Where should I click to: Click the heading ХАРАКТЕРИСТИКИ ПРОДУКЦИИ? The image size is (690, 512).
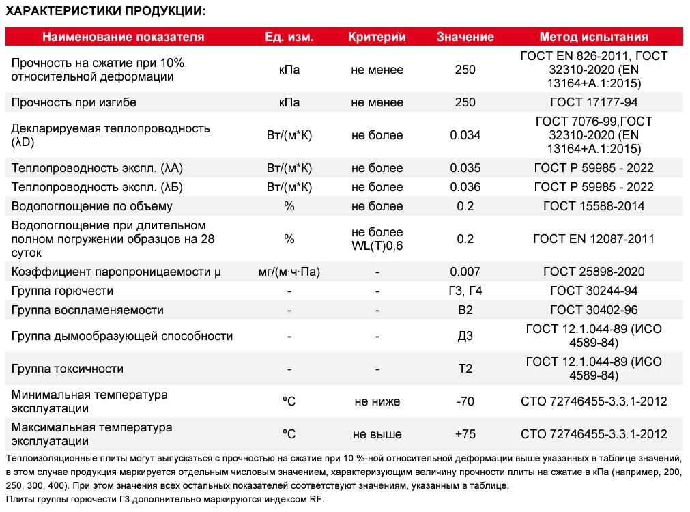point(105,12)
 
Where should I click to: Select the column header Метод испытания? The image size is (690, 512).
point(593,37)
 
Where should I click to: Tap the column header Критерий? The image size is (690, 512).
point(377,37)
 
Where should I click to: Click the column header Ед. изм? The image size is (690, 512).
point(289,37)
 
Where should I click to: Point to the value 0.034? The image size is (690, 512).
point(465,135)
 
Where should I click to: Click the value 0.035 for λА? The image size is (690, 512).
point(465,168)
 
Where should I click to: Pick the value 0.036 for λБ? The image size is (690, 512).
point(465,187)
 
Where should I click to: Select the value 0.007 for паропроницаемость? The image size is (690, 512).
point(465,272)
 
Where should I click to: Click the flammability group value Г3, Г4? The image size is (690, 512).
point(465,291)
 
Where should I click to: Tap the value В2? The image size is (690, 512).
point(465,310)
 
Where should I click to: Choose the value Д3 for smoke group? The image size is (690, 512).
point(465,336)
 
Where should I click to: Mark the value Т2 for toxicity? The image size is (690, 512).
point(465,369)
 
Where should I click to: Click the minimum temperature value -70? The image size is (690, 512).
point(465,401)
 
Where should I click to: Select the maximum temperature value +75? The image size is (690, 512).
point(465,434)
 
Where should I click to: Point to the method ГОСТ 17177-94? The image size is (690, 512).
point(594,102)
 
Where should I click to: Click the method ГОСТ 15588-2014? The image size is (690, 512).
point(594,206)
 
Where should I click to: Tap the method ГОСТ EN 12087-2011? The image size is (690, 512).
point(594,239)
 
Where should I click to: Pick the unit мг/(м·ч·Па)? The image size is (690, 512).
point(289,272)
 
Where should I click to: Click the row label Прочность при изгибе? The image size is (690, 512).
point(74,102)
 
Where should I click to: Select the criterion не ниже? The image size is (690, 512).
point(377,401)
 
